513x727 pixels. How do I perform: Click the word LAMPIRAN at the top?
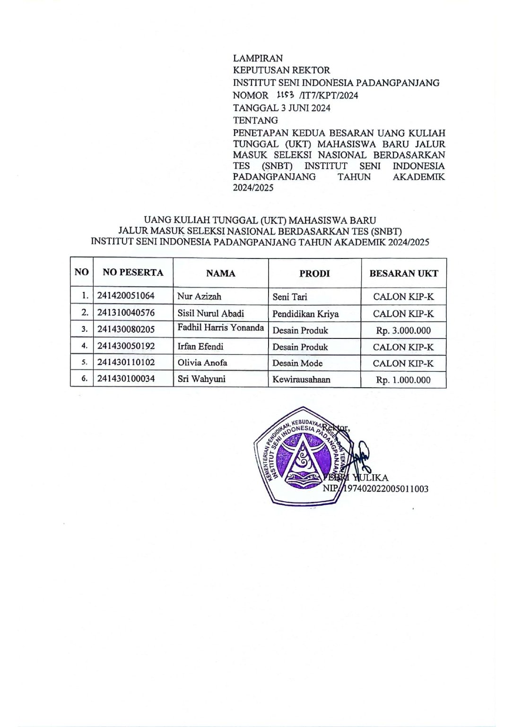coord(258,58)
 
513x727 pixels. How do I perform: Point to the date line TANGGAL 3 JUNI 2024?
coord(281,108)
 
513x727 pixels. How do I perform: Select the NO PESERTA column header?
coord(133,273)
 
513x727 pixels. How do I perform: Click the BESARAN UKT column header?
coord(403,273)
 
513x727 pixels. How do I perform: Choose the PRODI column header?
coord(314,273)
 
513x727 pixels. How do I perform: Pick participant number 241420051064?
coord(126,296)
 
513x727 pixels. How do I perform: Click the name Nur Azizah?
coord(199,296)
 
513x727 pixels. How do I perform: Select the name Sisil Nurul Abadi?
coord(210,313)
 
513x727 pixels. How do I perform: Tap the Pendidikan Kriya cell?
coord(305,313)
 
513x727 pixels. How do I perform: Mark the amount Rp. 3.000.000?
coord(403,330)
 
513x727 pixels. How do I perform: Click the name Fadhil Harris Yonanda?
coord(220,328)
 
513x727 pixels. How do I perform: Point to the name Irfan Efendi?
coord(200,346)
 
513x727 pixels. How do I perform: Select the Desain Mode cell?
coord(297,363)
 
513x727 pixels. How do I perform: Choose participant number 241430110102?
coord(126,363)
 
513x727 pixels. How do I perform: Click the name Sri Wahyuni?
coord(201,379)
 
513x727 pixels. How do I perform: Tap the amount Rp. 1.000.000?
coord(403,380)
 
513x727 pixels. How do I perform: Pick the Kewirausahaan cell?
coord(301,379)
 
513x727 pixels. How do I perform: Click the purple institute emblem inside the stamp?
coord(303,457)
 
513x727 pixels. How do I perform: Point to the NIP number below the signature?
coord(385,488)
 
